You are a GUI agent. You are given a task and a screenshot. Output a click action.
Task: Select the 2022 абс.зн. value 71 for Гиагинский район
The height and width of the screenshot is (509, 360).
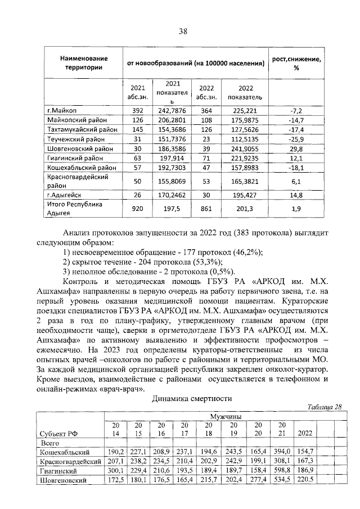(206, 159)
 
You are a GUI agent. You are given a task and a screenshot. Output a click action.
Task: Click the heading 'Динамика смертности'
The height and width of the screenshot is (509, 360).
(192, 399)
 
